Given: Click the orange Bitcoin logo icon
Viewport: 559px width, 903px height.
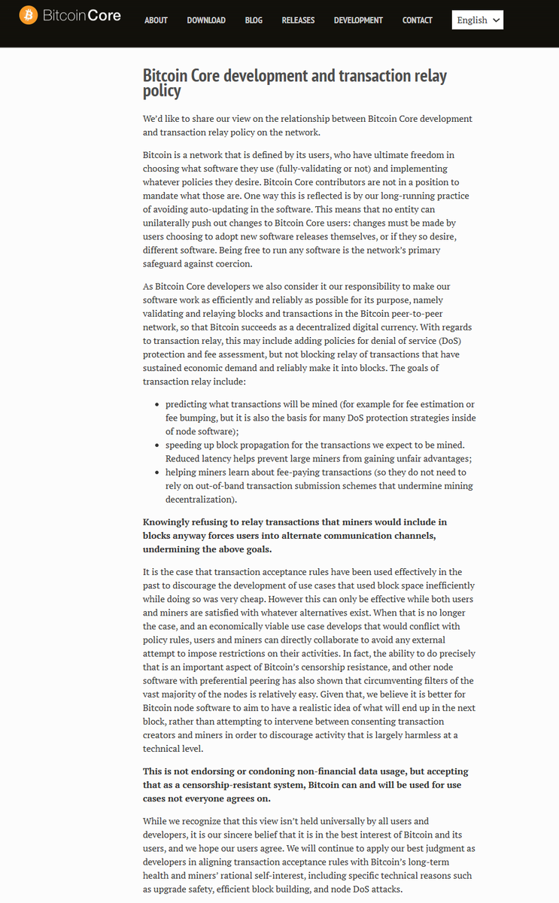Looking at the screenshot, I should [x=29, y=15].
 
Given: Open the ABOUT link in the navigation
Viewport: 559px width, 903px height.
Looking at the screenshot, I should [x=156, y=20].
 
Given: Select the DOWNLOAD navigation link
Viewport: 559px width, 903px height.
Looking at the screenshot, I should [x=206, y=20].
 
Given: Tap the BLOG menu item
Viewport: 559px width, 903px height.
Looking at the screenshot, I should [x=254, y=20].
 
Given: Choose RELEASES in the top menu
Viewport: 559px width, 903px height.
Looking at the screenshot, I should [x=298, y=20].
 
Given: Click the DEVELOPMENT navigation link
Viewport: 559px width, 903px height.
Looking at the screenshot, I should [x=358, y=20].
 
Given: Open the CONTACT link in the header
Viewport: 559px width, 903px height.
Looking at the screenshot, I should [x=417, y=20].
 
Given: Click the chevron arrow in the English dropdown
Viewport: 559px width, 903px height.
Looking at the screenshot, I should [x=496, y=20].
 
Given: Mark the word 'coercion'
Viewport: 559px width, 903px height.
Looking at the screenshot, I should [x=232, y=264].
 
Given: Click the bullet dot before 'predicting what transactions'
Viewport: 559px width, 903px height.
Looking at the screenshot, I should [x=156, y=404].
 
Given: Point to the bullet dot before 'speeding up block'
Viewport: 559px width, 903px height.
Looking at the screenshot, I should [x=156, y=445].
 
